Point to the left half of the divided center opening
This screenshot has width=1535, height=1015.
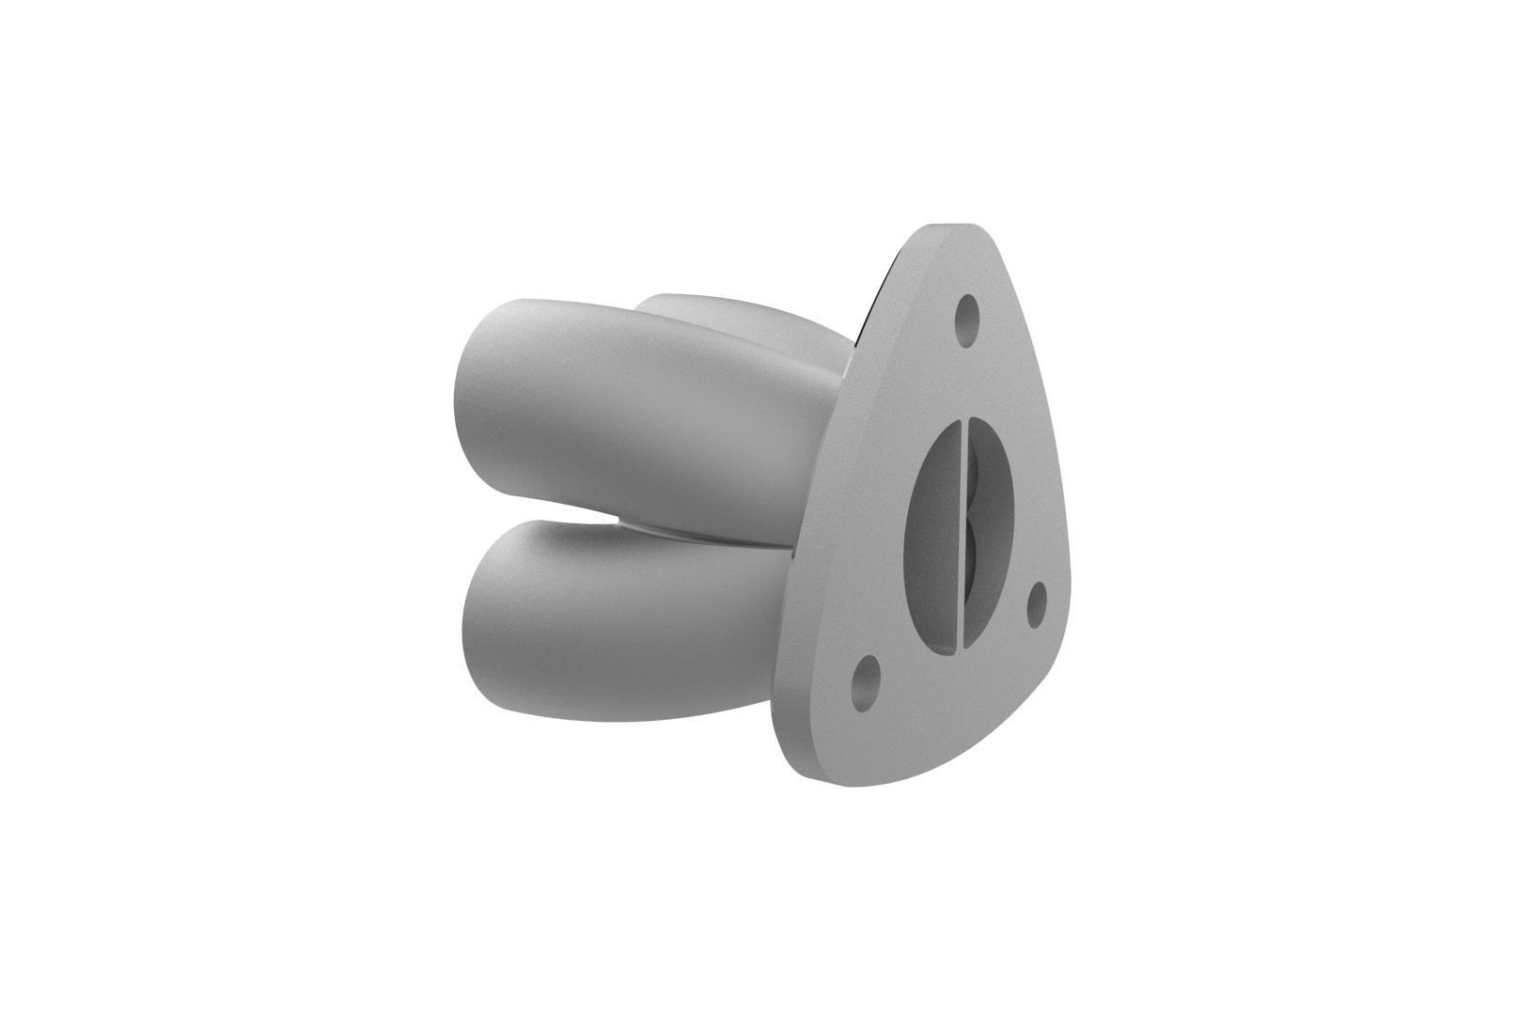931,536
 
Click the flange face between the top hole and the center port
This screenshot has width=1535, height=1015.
964,376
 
